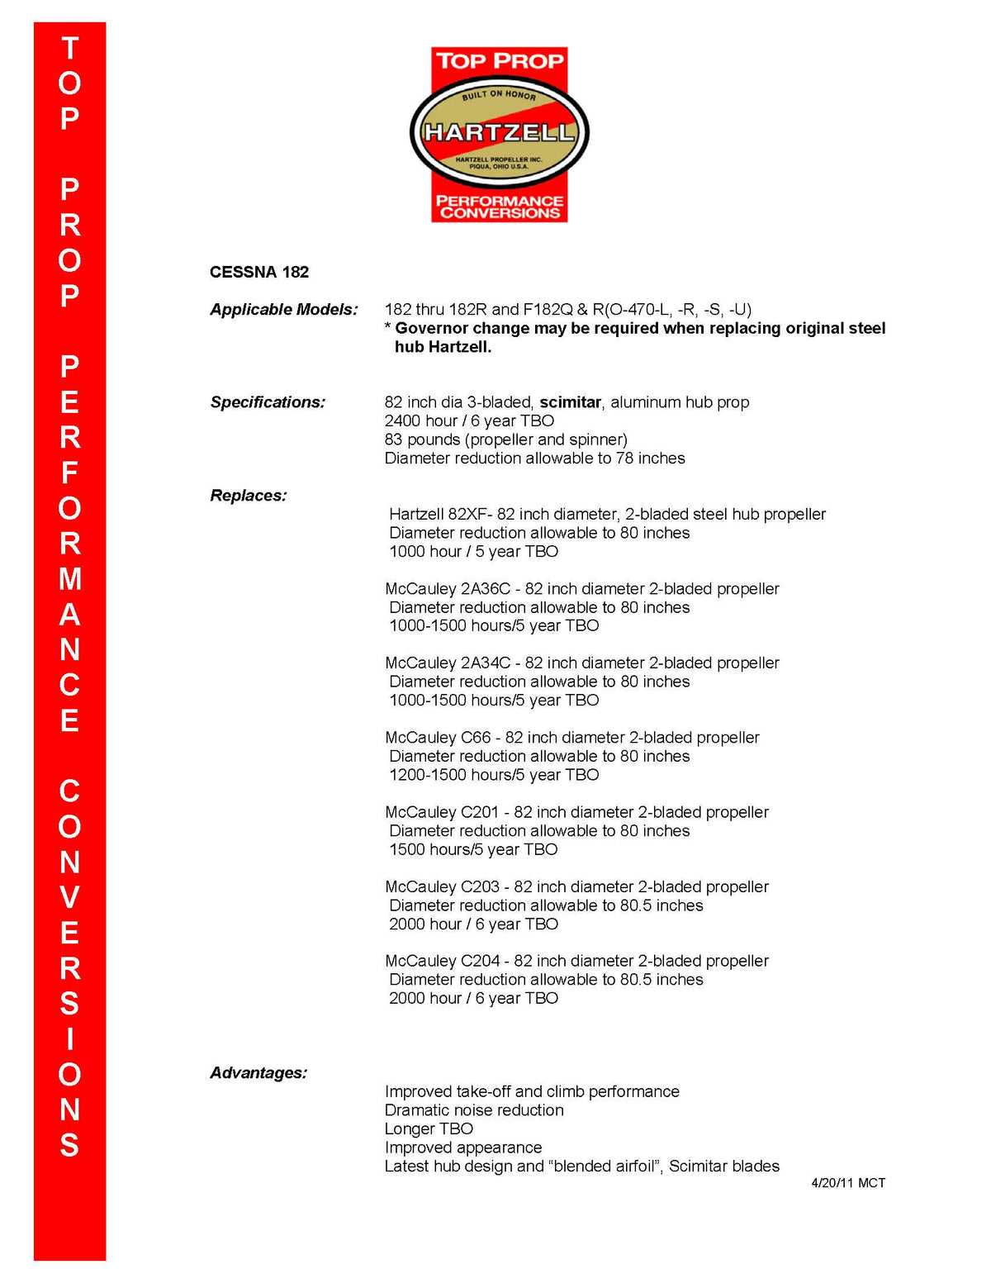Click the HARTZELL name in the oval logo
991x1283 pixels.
499,132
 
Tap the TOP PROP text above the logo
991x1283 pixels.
500,60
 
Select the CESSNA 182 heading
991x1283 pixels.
259,272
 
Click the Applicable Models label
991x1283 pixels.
284,310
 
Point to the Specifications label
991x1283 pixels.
268,402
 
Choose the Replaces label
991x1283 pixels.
249,496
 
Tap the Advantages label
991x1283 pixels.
258,1073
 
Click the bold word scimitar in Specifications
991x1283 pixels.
570,402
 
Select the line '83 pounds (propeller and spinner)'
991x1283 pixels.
505,440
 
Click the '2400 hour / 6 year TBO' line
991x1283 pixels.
469,421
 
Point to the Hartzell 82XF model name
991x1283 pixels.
440,515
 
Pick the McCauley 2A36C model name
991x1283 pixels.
448,589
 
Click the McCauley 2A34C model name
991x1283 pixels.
448,663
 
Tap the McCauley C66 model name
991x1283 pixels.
438,738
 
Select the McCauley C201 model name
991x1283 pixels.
442,813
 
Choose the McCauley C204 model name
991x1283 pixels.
442,962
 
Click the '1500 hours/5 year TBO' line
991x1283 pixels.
473,850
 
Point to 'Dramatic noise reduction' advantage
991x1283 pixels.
474,1110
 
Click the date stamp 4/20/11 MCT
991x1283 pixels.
848,1183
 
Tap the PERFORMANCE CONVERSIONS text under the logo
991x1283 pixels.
500,207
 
